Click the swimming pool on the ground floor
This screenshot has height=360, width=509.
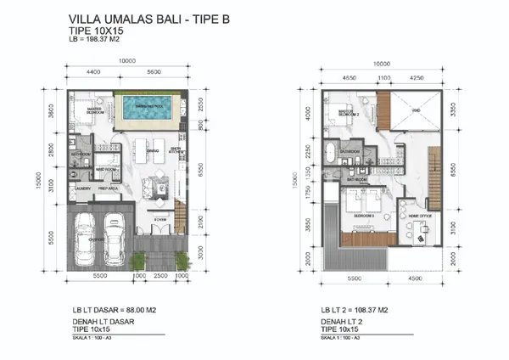(x=148, y=109)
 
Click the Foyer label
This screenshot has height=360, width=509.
(x=159, y=219)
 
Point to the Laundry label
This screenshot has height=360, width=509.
(x=82, y=188)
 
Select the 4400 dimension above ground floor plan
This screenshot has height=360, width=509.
(x=93, y=72)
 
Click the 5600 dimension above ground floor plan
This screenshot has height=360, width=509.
(x=153, y=72)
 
